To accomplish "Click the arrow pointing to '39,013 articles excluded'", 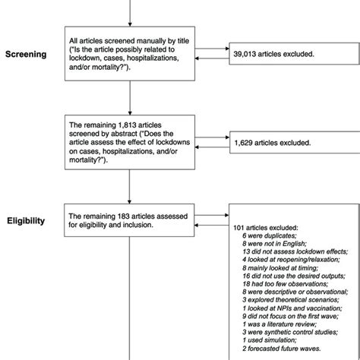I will pos(220,54).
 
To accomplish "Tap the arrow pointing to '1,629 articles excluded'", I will pos(220,142).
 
